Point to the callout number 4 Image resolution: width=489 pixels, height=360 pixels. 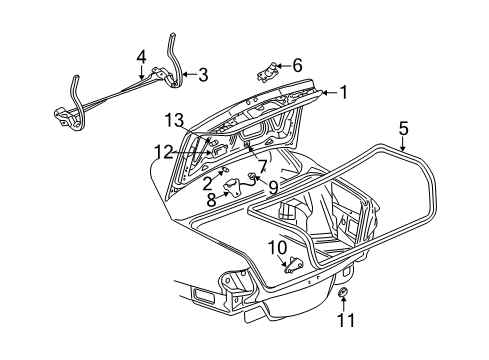tap(141, 56)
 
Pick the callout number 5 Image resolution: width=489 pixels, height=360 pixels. tap(402, 127)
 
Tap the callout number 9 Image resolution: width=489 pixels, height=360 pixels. tap(273, 184)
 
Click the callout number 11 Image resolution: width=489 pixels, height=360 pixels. tap(344, 322)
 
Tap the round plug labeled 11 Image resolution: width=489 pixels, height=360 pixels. tap(344, 293)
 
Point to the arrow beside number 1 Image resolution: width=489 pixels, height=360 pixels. tap(323, 93)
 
